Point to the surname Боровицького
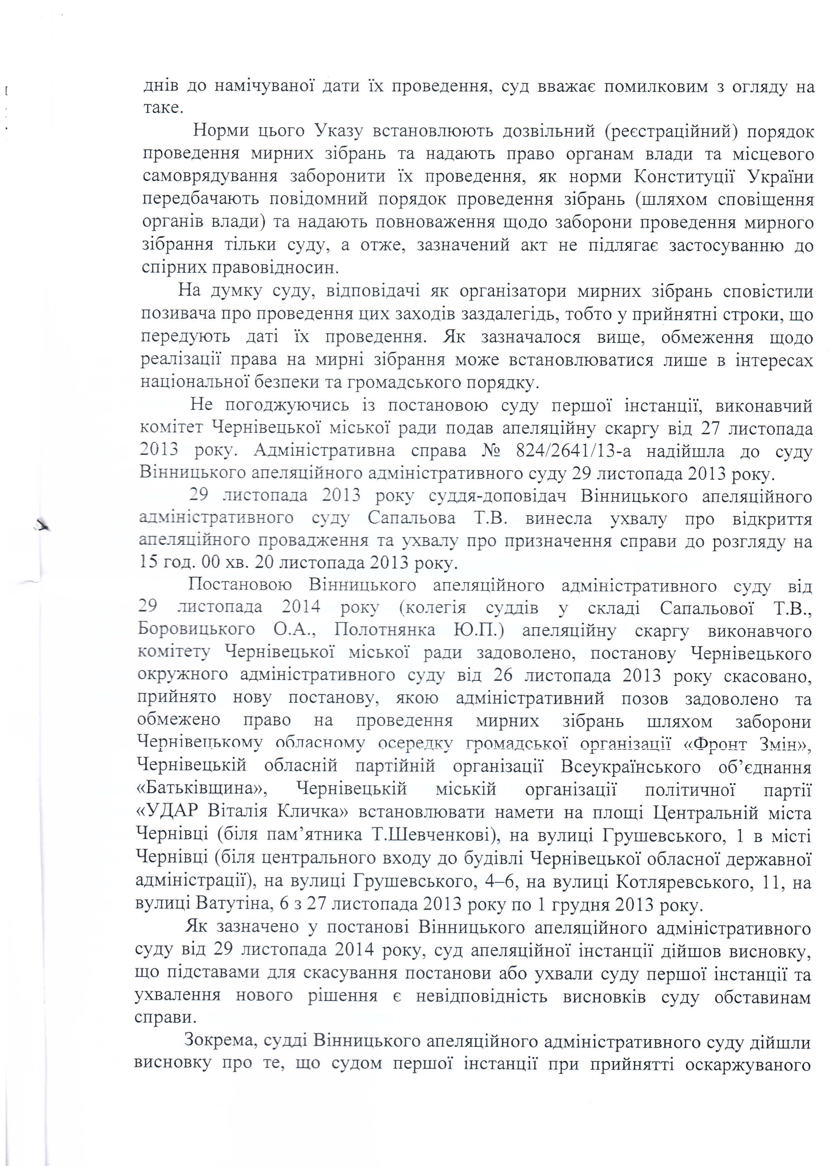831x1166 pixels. coord(196,629)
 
